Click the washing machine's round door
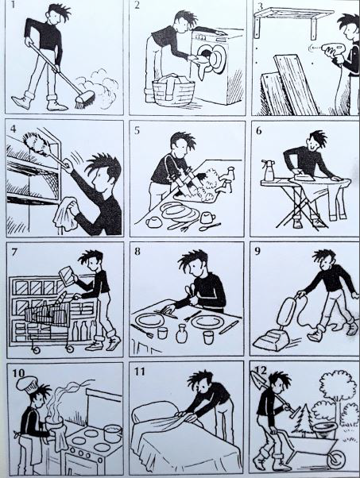[217, 59]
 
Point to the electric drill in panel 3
[331, 50]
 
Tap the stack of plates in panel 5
[178, 211]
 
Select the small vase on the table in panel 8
[181, 333]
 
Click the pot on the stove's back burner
[113, 434]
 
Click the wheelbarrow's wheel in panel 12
[337, 458]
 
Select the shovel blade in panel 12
[256, 379]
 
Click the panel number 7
[14, 252]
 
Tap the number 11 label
[139, 372]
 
